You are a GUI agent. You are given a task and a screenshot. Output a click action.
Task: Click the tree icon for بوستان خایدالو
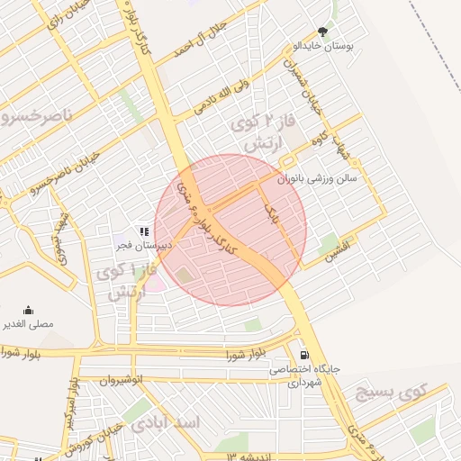click(x=323, y=32)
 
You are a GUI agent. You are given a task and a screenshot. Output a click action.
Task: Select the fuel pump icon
click(x=304, y=355)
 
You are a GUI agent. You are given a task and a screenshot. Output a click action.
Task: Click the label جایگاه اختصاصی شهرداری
click(x=301, y=375)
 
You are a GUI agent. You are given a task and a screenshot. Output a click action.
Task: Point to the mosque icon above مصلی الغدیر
click(x=28, y=310)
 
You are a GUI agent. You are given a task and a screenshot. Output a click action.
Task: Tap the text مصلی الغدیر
click(x=29, y=323)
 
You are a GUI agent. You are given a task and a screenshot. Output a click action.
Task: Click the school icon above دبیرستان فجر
click(x=141, y=230)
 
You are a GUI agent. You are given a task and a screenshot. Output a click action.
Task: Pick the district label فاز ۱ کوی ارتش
click(x=131, y=281)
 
